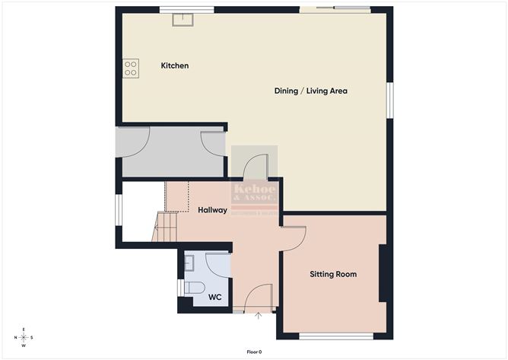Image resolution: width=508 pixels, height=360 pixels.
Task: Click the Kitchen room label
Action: pyautogui.click(x=174, y=66)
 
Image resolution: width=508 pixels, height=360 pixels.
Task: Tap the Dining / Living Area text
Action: pyautogui.click(x=310, y=91)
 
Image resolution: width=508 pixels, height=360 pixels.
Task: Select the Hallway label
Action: pyautogui.click(x=212, y=210)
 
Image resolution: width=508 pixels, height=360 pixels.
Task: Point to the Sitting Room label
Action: pyautogui.click(x=332, y=274)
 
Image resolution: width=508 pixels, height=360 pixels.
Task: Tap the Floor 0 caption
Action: pyautogui.click(x=254, y=352)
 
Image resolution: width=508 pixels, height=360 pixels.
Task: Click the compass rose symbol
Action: pyautogui.click(x=24, y=337)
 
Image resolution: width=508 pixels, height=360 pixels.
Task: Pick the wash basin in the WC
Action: pyautogui.click(x=189, y=263)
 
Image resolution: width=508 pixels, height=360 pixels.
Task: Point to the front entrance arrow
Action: pyautogui.click(x=259, y=315)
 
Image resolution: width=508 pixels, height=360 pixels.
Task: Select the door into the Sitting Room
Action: pyautogui.click(x=294, y=237)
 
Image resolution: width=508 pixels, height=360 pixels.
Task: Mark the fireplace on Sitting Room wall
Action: pyautogui.click(x=384, y=273)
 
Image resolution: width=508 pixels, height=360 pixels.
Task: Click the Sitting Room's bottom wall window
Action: pyautogui.click(x=335, y=336)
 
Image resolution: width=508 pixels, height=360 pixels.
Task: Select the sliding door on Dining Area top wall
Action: pyautogui.click(x=335, y=9)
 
